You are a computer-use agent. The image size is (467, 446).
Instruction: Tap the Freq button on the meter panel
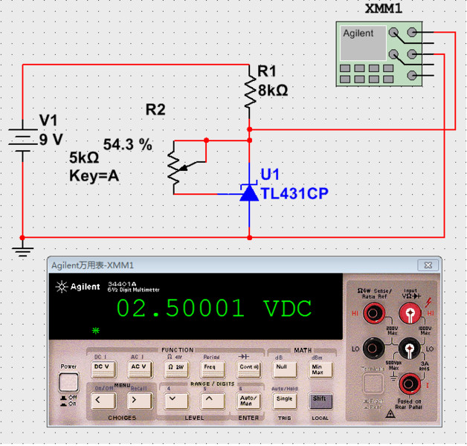point(210,366)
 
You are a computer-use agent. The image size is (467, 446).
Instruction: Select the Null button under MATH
point(281,366)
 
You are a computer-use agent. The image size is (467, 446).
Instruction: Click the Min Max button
point(318,366)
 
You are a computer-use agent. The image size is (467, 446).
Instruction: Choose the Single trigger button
point(283,399)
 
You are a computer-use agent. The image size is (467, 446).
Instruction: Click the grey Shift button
point(318,399)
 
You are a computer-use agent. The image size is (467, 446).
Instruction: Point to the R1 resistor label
point(266,71)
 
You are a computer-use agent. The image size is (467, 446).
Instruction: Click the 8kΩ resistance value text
point(272,90)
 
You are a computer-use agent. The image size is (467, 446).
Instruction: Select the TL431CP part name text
point(294,193)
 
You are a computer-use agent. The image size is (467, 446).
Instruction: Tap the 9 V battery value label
point(51,139)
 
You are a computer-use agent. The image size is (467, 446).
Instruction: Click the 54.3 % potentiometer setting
point(127,144)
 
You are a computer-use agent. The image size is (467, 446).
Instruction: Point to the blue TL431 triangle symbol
point(248,193)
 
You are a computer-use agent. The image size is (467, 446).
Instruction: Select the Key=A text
point(94,176)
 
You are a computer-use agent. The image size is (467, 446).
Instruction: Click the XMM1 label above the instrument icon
point(383,8)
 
